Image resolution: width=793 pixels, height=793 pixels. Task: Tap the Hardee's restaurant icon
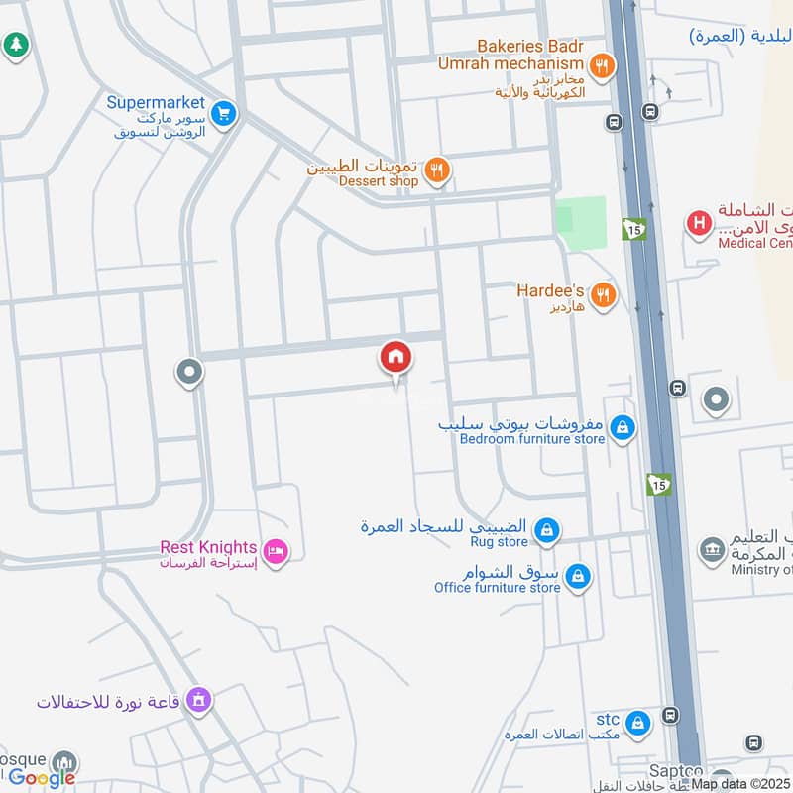pyautogui.click(x=602, y=294)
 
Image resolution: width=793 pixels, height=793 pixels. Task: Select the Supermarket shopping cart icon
pyautogui.click(x=224, y=114)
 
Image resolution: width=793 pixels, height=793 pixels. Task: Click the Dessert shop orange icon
pyautogui.click(x=436, y=173)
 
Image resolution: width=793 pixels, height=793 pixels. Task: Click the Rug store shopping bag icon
pyautogui.click(x=545, y=532)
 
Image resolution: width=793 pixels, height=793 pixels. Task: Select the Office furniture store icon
pyautogui.click(x=578, y=576)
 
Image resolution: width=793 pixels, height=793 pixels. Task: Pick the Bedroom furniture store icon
pyautogui.click(x=622, y=428)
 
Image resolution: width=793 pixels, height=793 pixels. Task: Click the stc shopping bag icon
pyautogui.click(x=638, y=721)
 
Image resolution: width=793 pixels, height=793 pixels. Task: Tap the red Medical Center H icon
pyautogui.click(x=699, y=224)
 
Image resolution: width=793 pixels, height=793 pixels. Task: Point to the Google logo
pyautogui.click(x=42, y=778)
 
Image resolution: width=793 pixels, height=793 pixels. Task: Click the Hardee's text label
pyautogui.click(x=551, y=291)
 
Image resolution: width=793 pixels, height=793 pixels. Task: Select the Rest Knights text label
pyautogui.click(x=208, y=547)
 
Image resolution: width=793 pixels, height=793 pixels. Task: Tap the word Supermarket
pyautogui.click(x=156, y=102)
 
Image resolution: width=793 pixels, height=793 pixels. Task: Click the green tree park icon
pyautogui.click(x=14, y=45)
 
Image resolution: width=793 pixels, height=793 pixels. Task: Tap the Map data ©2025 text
pyautogui.click(x=740, y=784)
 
